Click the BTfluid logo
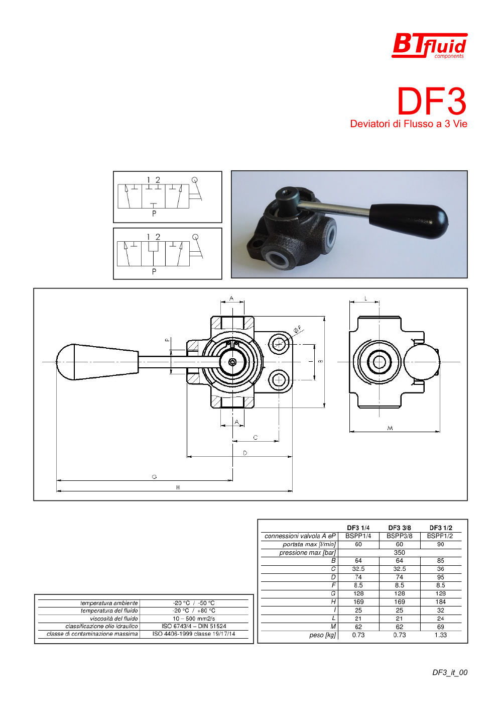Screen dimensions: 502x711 point(429,46)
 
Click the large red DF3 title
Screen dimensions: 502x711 point(432,101)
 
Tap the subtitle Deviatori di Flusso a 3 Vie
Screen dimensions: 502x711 point(409,124)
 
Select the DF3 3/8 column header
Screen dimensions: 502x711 point(399,528)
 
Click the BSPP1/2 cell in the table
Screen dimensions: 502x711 point(440,536)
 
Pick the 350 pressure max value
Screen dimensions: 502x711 point(399,552)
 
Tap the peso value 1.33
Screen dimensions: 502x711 point(440,635)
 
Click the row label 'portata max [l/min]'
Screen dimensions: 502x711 point(309,544)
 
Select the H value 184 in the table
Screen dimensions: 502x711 point(440,602)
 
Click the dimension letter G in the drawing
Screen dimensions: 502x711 point(155,477)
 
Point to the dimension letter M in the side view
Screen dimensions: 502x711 point(390,428)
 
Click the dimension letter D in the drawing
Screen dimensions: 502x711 point(245,453)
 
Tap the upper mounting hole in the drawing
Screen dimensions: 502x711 point(278,344)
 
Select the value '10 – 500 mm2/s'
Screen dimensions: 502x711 point(194,619)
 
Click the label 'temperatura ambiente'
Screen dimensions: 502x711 point(109,603)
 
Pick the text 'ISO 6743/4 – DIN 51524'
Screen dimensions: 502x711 point(194,626)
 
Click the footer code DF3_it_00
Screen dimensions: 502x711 point(450,672)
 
